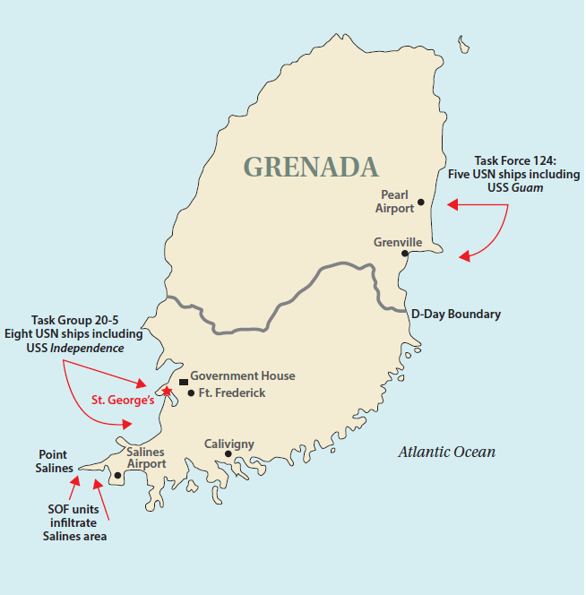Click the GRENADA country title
311,167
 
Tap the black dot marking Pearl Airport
421,203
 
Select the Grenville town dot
405,254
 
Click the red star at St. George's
166,391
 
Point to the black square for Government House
184,382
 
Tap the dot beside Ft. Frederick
191,393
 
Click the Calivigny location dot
228,454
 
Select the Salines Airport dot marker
117,476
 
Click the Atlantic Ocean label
446,453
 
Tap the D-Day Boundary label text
455,315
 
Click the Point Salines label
55,461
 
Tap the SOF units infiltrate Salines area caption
75,522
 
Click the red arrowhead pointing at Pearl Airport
452,206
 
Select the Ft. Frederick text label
233,393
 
